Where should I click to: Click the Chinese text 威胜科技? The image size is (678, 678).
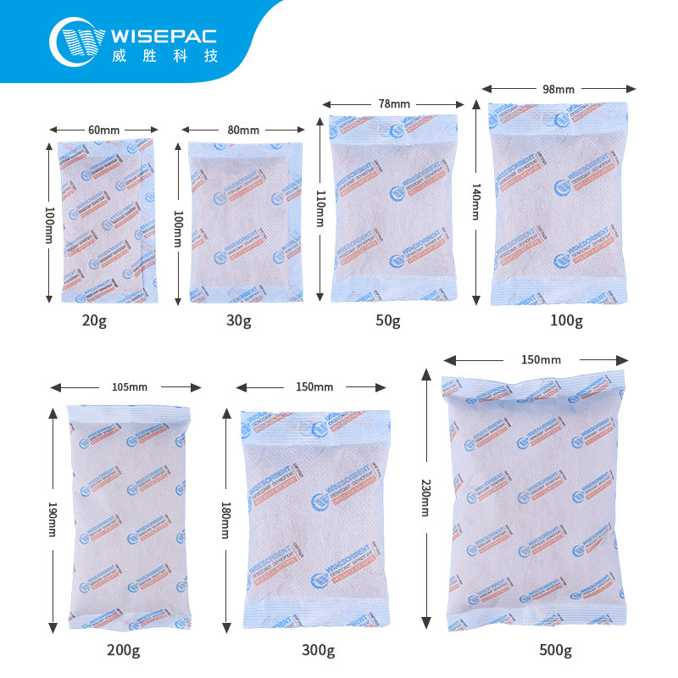click(x=164, y=57)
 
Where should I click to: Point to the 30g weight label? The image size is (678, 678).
click(x=239, y=320)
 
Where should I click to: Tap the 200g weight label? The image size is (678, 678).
click(x=125, y=651)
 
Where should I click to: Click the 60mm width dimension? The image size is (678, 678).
click(x=103, y=130)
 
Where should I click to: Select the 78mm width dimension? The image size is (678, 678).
click(x=394, y=103)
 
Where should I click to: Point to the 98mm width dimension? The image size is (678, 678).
click(x=559, y=88)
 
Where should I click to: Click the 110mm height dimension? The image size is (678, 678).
click(x=320, y=208)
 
